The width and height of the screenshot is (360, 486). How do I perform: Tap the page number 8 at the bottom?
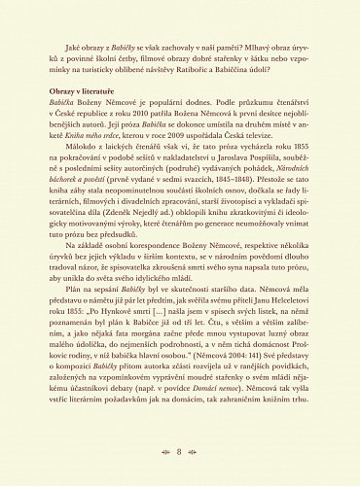(180, 452)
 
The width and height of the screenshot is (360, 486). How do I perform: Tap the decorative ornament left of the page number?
(162, 452)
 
